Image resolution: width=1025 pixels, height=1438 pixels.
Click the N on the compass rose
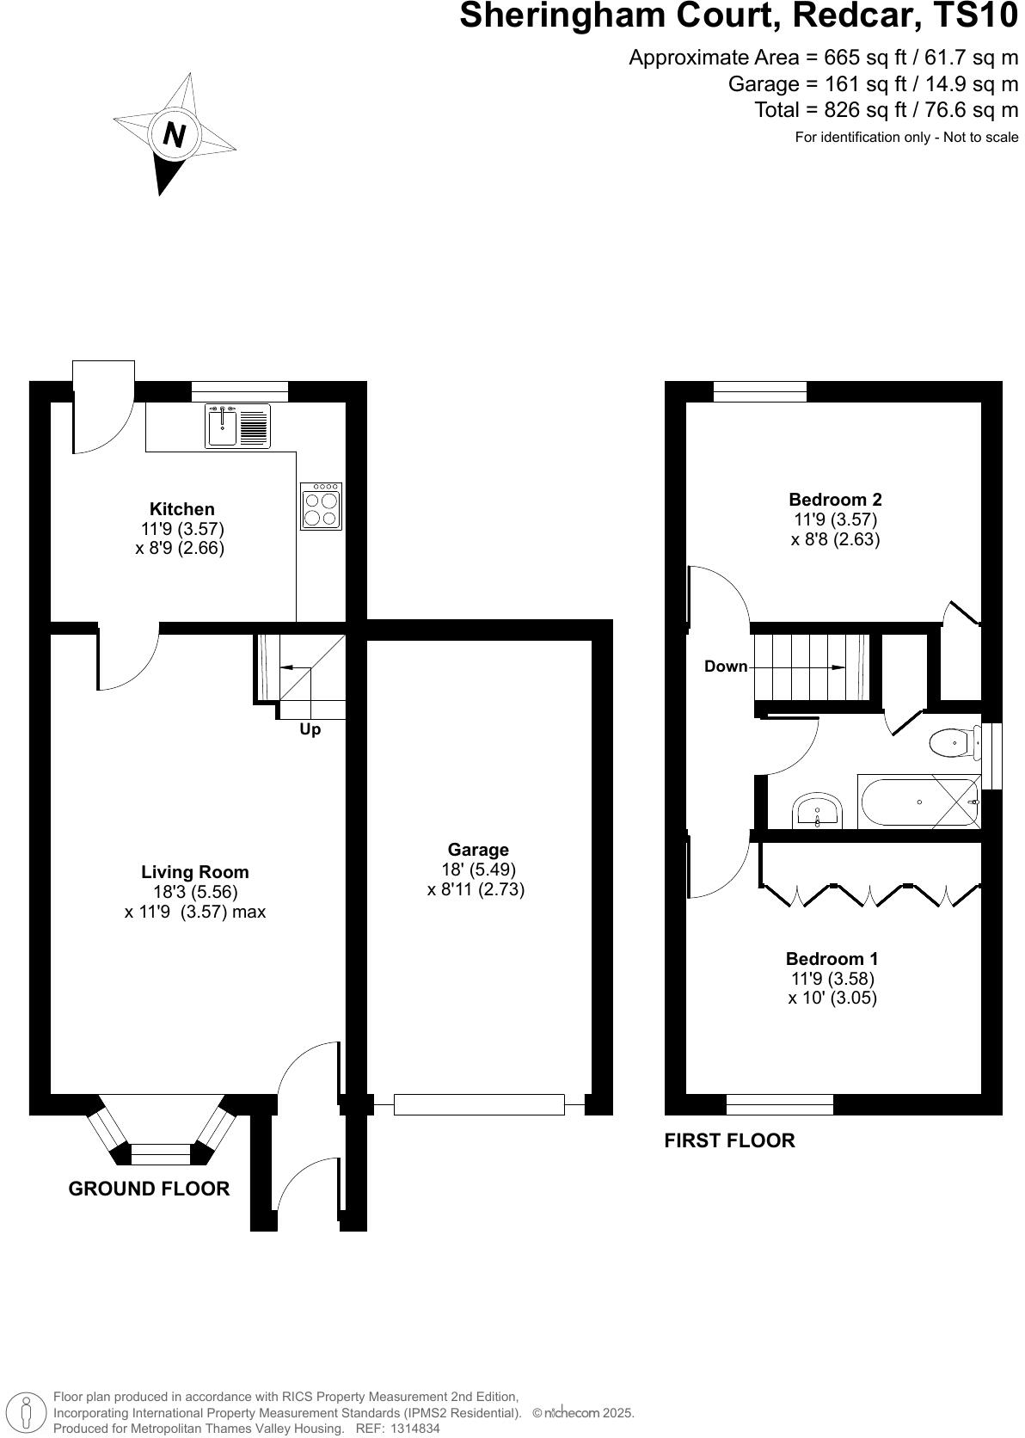point(175,135)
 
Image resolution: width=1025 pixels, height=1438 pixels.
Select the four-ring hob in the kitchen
point(322,507)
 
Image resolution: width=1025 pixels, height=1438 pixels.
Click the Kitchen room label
point(182,509)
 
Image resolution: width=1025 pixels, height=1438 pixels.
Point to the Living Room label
point(195,872)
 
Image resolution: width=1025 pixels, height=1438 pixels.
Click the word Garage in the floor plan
point(478,850)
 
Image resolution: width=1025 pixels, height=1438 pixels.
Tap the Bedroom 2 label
point(835,500)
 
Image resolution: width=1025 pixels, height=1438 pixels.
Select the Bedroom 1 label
point(832,959)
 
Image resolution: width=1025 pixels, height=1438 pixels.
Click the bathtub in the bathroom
point(918,802)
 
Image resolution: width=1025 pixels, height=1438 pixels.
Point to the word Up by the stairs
point(310,729)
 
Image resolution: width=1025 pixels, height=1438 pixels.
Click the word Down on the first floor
point(726,667)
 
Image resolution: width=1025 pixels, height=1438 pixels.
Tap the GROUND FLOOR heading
point(149,1189)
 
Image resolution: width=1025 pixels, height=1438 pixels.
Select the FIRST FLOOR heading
point(729,1140)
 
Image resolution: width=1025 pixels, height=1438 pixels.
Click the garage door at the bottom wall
point(479,1104)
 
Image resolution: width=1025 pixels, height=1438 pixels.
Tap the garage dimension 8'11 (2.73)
point(476,890)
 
